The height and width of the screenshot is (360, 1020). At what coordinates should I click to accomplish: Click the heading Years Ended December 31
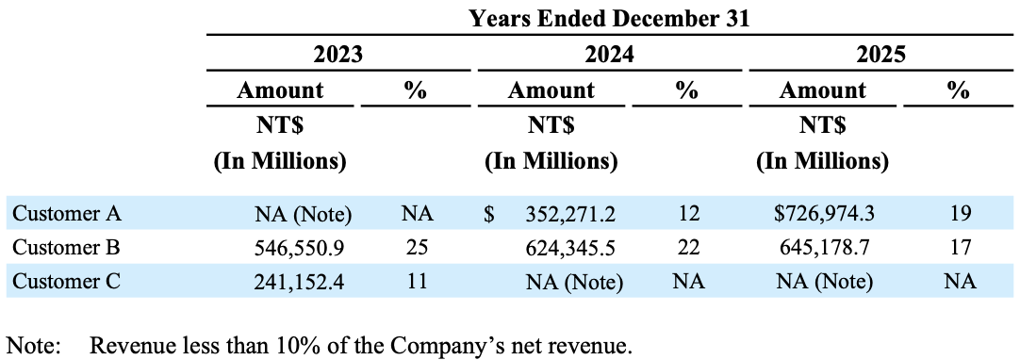click(609, 18)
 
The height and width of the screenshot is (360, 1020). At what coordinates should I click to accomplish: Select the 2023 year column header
click(337, 55)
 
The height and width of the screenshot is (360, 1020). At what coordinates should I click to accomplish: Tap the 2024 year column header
click(609, 55)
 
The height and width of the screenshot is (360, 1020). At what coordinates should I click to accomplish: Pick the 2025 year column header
click(880, 55)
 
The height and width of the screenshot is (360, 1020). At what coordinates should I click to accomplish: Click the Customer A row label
click(67, 214)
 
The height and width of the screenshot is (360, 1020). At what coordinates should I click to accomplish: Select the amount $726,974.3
click(824, 214)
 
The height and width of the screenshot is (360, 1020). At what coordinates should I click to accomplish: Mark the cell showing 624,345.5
click(575, 248)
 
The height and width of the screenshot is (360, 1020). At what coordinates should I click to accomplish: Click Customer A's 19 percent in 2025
click(960, 214)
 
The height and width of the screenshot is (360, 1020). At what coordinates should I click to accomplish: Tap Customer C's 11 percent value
click(416, 280)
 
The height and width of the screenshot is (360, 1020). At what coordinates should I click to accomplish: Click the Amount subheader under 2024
click(551, 90)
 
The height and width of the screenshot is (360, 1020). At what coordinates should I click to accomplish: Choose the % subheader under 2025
click(959, 90)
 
